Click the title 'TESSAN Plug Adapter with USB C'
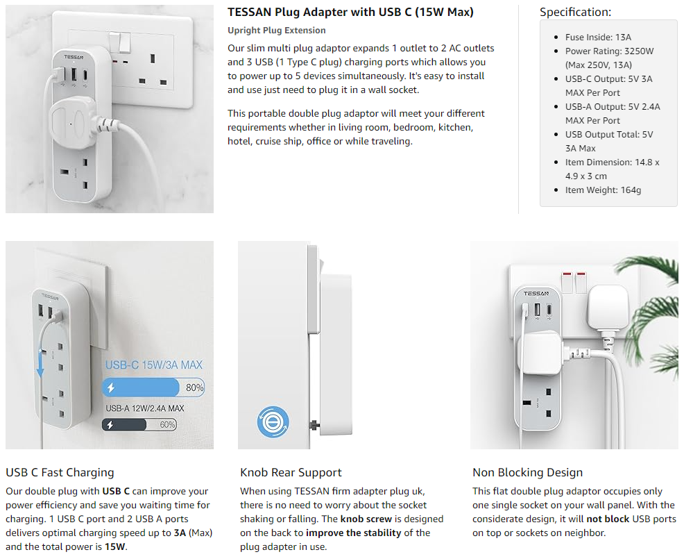[350, 12]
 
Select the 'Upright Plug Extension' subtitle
[276, 31]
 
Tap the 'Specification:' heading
[575, 12]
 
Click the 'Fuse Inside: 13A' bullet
[598, 37]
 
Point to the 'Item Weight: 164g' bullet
[602, 190]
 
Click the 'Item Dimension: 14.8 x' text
[612, 162]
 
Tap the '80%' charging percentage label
[194, 387]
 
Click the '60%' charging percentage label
[167, 424]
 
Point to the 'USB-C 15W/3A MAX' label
[154, 365]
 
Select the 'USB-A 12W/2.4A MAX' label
[144, 408]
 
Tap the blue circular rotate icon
[273, 422]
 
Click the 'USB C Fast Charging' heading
[60, 473]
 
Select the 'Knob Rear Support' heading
[291, 473]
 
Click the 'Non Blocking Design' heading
[527, 473]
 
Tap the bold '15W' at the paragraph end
[115, 547]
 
